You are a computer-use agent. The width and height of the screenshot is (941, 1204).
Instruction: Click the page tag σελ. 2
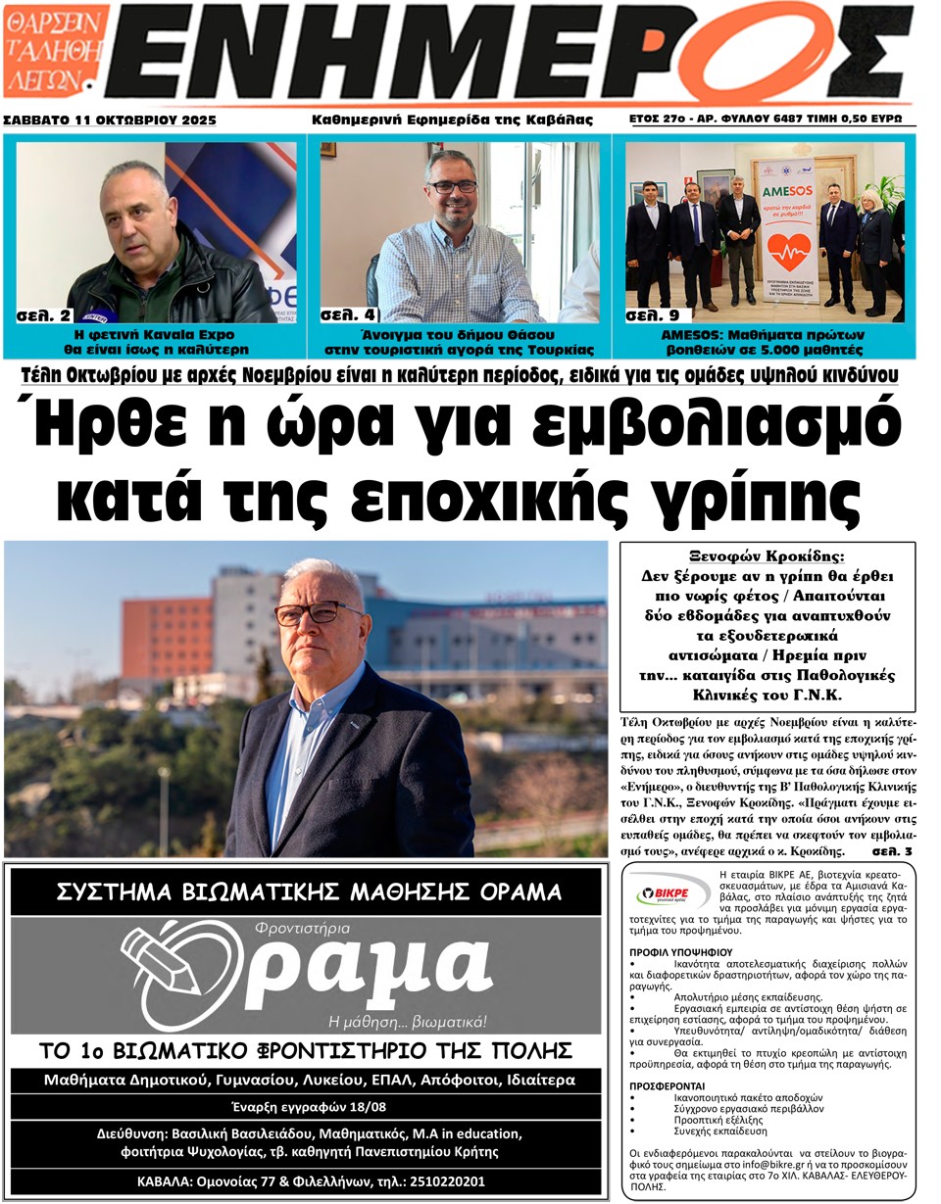pyautogui.click(x=45, y=315)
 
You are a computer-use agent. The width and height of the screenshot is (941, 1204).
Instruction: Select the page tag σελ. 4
pyautogui.click(x=348, y=315)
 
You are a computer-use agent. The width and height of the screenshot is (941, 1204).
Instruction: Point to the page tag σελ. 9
pyautogui.click(x=654, y=315)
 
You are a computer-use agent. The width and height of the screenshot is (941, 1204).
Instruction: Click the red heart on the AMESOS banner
pyautogui.click(x=788, y=252)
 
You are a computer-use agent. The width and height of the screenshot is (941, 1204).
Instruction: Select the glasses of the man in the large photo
pyautogui.click(x=319, y=613)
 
